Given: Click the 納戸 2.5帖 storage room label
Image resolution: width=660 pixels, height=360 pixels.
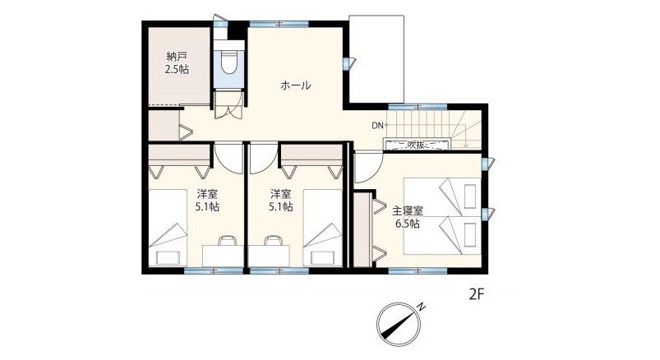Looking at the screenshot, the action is [177, 62].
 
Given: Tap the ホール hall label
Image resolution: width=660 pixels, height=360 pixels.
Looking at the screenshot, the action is [296, 85].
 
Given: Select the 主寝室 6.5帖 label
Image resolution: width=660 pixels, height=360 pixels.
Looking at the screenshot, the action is [408, 217].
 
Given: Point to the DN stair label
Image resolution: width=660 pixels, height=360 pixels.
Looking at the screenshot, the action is [377, 125].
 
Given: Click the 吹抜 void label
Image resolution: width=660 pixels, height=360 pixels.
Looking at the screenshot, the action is [416, 145].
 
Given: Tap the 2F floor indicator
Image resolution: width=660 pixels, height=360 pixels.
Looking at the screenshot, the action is [477, 294].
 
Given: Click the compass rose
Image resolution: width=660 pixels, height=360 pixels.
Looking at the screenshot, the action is [398, 324].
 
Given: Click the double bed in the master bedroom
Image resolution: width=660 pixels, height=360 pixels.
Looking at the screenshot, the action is [442, 216].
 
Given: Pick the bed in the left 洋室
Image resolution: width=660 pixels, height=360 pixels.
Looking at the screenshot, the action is [168, 228].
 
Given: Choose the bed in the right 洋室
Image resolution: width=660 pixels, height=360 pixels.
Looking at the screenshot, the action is [323, 228].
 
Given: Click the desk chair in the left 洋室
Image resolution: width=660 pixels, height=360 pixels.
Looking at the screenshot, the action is [228, 241].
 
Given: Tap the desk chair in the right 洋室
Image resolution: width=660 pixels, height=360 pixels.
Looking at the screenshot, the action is [272, 241].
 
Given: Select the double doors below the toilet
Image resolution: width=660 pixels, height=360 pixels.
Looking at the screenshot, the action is [228, 105].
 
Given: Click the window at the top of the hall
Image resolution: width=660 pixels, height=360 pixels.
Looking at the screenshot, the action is [279, 24].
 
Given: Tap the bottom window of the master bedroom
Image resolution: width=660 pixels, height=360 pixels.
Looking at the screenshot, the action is [418, 270].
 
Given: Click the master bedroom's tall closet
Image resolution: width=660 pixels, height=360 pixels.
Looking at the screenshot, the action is [362, 229].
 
